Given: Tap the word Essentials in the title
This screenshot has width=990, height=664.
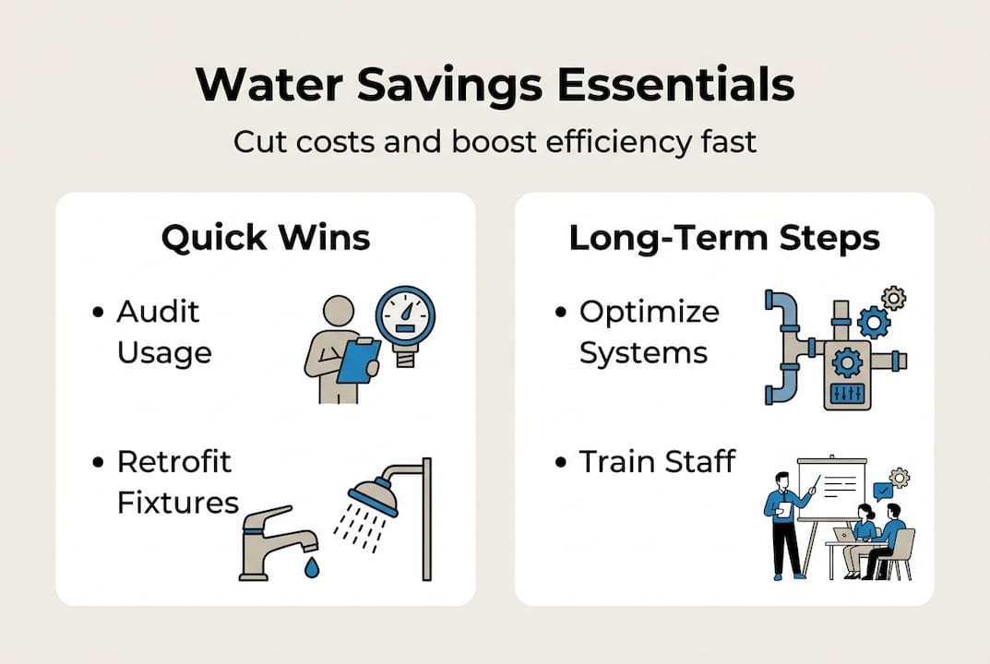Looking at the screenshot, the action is click(x=675, y=85).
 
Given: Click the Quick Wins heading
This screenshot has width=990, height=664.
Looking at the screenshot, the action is click(x=266, y=239).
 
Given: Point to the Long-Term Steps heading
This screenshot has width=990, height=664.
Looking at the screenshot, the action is click(x=724, y=239).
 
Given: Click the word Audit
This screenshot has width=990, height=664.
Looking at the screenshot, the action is click(x=158, y=312).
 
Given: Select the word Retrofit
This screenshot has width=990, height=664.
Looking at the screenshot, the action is click(x=174, y=462).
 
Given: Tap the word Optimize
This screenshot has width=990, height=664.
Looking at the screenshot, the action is click(x=649, y=313).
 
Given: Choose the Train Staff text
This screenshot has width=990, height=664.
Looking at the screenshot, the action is click(x=657, y=461).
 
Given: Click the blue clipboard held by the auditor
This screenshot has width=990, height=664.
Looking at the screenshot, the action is click(x=358, y=361).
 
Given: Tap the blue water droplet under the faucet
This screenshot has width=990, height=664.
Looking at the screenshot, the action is click(x=312, y=567).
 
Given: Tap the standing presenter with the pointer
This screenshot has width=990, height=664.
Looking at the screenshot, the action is click(x=786, y=525).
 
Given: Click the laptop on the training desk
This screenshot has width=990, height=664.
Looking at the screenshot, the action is click(x=843, y=535).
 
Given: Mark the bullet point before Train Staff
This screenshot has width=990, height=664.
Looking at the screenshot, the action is click(x=561, y=463).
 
